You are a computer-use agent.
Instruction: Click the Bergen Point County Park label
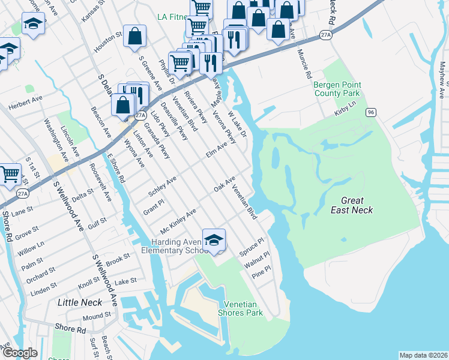pyautogui.click(x=337, y=89)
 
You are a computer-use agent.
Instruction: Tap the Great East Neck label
pyautogui.click(x=352, y=205)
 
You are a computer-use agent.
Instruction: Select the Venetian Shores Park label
pyautogui.click(x=243, y=308)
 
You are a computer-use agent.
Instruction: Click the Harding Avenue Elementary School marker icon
pyautogui.click(x=213, y=240)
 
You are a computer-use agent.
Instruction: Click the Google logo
pyautogui.click(x=20, y=353)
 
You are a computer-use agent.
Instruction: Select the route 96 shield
pyautogui.click(x=371, y=112)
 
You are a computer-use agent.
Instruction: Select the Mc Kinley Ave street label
pyautogui.click(x=178, y=221)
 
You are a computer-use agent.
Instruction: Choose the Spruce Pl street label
pyautogui.click(x=252, y=245)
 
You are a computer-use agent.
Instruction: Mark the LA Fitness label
pyautogui.click(x=173, y=16)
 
